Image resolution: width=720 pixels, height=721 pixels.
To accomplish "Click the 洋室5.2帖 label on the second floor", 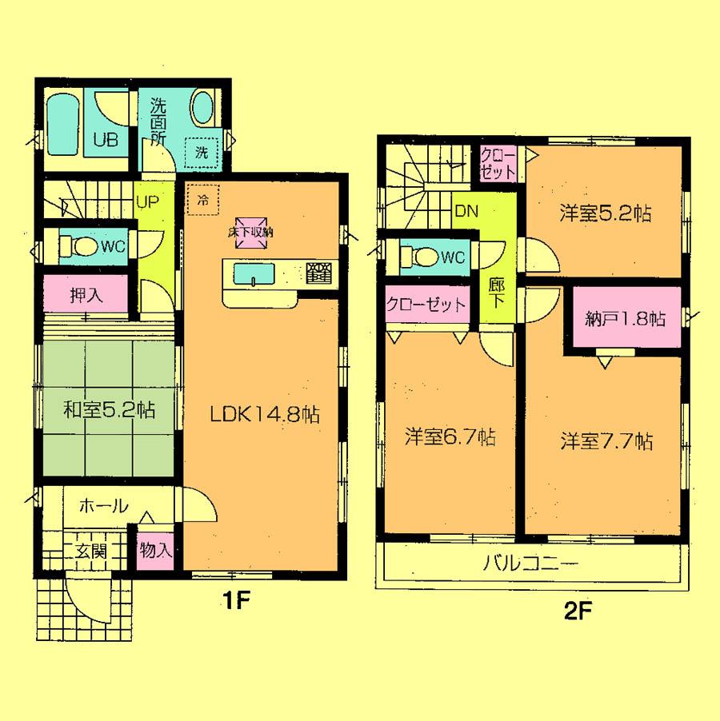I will tap(604, 213).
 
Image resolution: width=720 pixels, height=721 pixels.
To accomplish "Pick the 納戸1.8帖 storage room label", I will tap(625, 319).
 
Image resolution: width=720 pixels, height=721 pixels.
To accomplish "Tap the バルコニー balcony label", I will tap(530, 565).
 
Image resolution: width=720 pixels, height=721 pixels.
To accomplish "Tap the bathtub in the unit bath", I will tap(61, 125).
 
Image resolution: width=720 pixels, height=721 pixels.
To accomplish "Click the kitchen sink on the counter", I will tap(254, 274).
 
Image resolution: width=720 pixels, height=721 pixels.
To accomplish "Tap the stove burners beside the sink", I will tap(318, 273).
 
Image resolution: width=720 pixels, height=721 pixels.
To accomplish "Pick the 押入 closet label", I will tap(84, 295).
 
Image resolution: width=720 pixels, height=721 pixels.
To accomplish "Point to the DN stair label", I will tap(466, 212).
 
